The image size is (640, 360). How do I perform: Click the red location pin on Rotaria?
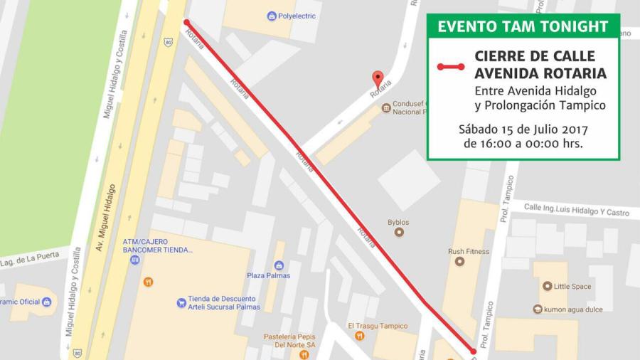tap(378, 78)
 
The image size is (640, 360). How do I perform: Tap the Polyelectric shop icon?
tap(272, 16)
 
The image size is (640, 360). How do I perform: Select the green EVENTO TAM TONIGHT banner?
tap(523, 26)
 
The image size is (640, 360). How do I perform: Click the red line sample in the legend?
tap(450, 67)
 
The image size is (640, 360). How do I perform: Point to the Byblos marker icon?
tap(398, 232)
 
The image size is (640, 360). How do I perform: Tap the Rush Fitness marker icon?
tap(459, 261)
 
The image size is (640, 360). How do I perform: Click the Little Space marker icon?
tap(546, 286)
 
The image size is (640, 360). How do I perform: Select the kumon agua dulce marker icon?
tap(538, 309)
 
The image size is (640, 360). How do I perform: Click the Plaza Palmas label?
tap(268, 275)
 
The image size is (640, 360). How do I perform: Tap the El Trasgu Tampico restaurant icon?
tap(360, 335)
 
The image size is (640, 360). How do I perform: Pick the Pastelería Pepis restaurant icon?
tap(304, 354)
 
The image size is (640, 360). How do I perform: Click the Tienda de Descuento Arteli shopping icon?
tap(181, 303)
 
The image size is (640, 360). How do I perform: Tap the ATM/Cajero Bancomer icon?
tap(134, 260)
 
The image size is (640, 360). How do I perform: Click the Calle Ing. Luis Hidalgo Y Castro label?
tap(577, 211)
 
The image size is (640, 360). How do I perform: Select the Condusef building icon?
tap(386, 108)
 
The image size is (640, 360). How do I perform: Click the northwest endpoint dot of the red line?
tap(186, 23)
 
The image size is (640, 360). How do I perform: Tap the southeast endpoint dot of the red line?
tap(473, 351)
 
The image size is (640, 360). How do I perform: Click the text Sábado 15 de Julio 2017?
tap(523, 129)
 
